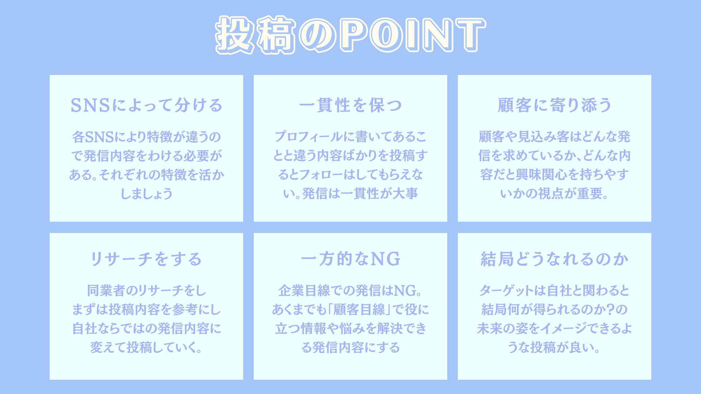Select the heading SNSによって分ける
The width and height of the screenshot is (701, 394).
tap(146, 105)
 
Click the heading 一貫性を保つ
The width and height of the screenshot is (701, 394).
tap(350, 105)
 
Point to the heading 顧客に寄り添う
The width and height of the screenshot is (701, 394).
tap(555, 105)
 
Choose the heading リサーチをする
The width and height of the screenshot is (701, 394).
tap(146, 259)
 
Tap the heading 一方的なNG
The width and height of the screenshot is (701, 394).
tap(350, 259)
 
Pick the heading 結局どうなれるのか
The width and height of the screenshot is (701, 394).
tap(555, 259)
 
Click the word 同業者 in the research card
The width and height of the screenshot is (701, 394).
tap(106, 291)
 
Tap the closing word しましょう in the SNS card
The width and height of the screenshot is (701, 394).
tap(146, 194)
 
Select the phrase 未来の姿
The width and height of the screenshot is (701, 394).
tap(502, 329)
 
